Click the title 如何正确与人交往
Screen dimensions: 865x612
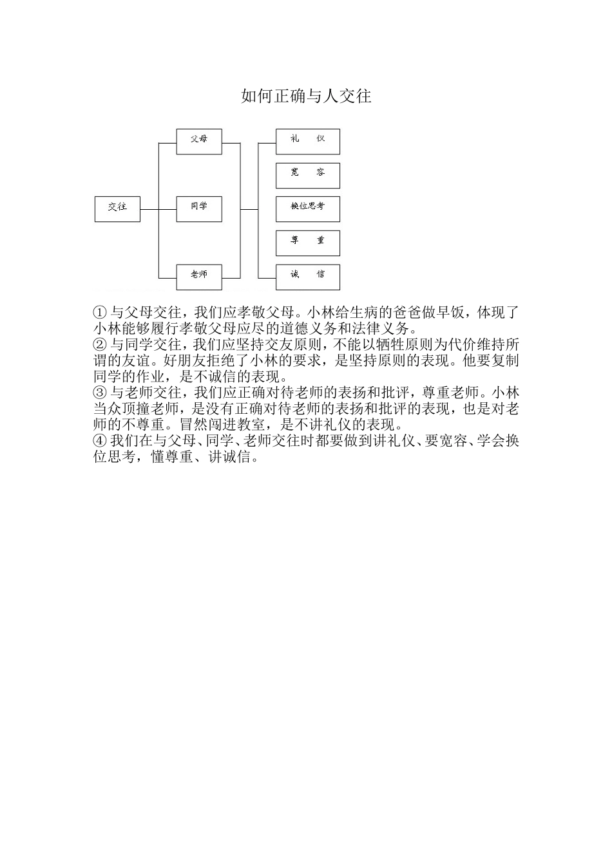[x=306, y=97]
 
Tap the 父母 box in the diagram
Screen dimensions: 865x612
[x=199, y=141]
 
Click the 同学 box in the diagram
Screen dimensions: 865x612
[x=199, y=209]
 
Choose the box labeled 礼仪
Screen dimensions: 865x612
[x=307, y=141]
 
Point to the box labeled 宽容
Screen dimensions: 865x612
[x=307, y=175]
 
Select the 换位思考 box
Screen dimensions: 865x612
[x=307, y=209]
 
